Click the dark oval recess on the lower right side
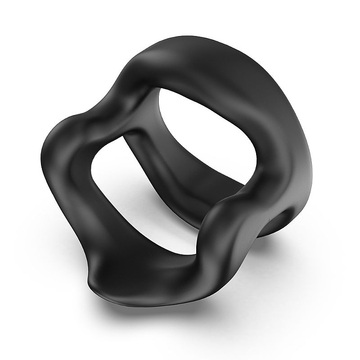pyautogui.click(x=284, y=220)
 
